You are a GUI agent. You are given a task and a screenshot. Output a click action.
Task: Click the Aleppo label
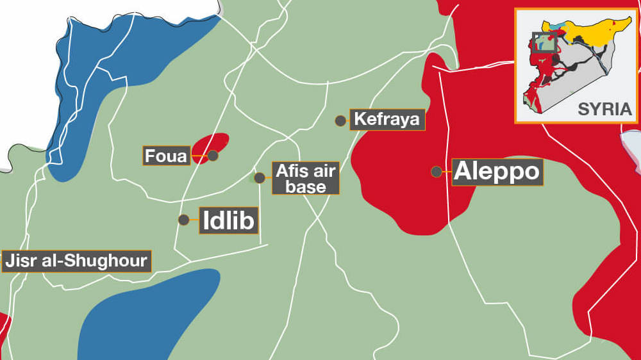(497, 172)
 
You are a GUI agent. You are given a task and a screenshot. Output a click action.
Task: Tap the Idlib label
(229, 220)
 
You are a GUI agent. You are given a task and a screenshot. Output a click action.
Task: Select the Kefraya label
(387, 120)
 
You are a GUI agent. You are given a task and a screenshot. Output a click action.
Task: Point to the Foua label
(166, 156)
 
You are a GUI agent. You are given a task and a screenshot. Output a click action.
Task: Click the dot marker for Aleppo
(436, 172)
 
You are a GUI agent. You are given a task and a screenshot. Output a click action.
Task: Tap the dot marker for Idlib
(183, 220)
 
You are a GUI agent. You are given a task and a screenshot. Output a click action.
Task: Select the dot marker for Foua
(213, 155)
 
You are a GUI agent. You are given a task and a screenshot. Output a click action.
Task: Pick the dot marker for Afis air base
(259, 178)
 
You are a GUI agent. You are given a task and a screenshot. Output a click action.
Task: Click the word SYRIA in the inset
(604, 109)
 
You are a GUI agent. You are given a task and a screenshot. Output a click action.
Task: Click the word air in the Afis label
(319, 170)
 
